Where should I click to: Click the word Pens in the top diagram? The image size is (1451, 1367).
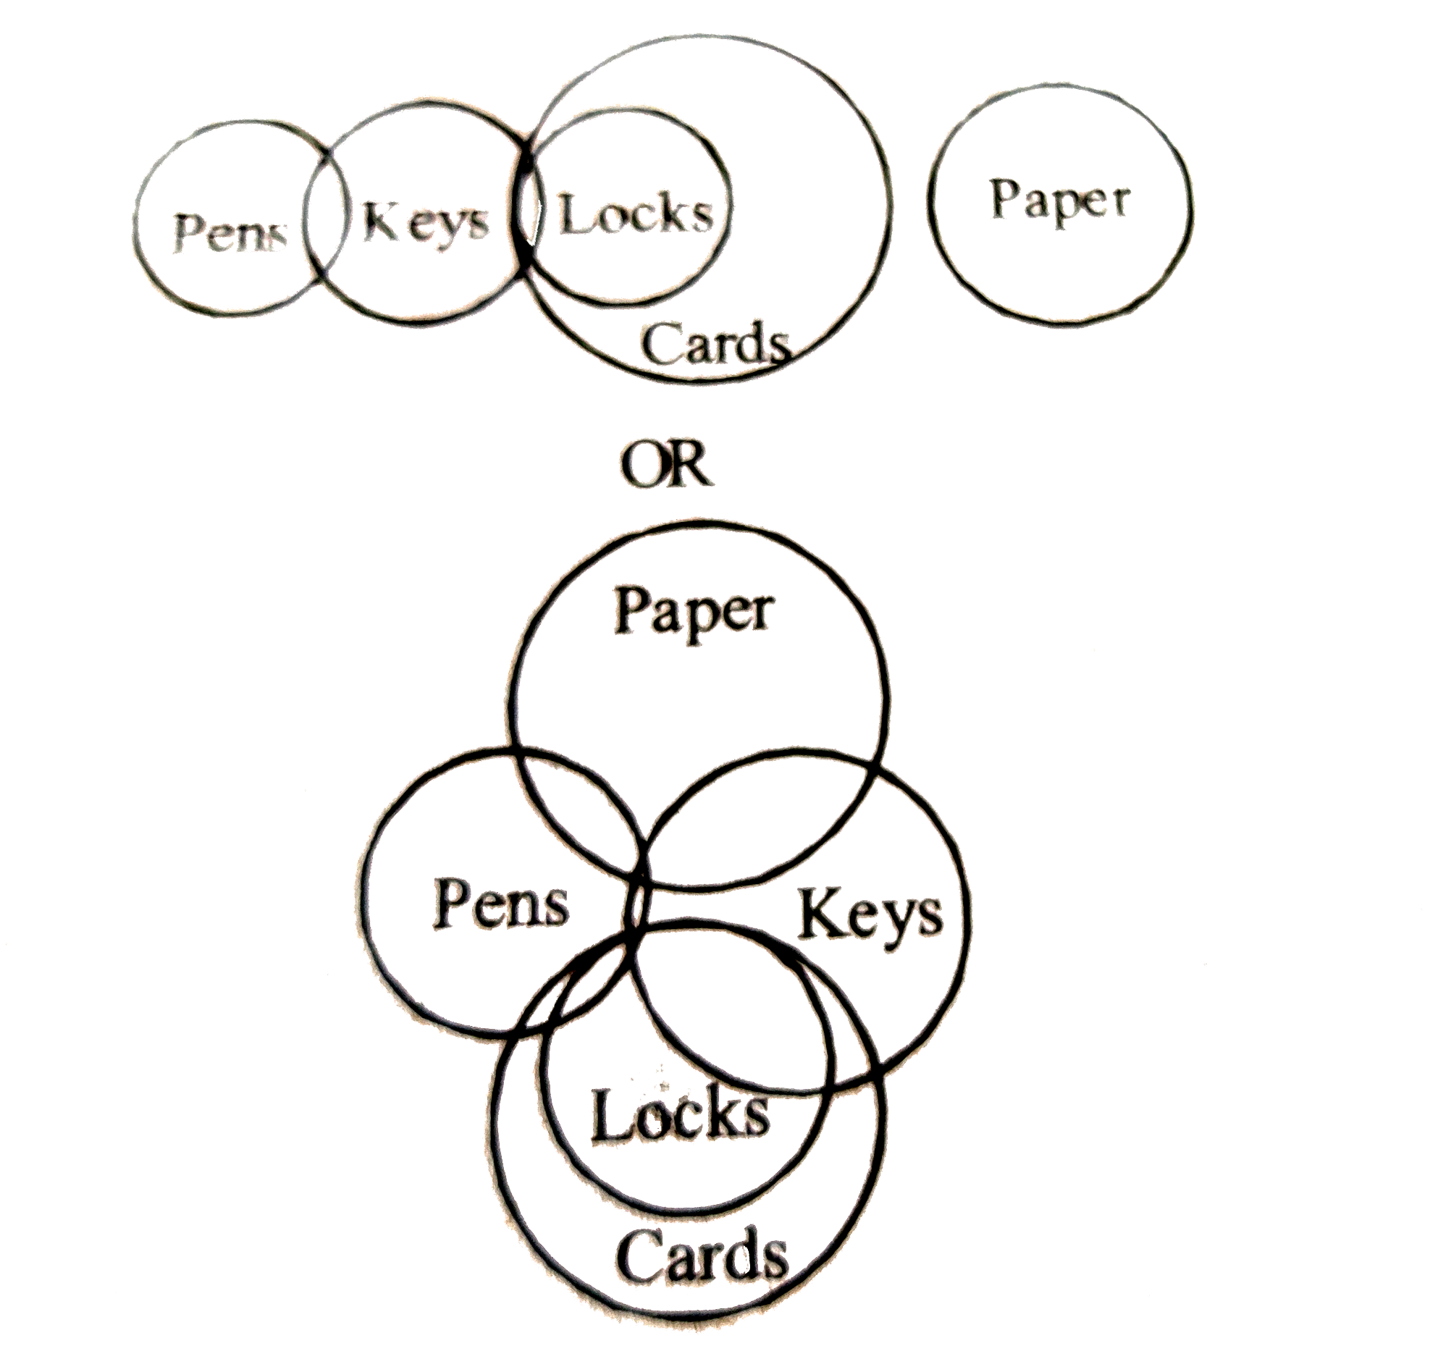coord(230,234)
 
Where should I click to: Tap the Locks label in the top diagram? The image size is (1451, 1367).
coord(635,215)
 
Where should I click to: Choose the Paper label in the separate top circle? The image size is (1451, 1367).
coord(1060,202)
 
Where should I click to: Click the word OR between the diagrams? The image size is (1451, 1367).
coord(665,465)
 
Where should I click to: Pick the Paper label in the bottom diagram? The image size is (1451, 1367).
coord(694,615)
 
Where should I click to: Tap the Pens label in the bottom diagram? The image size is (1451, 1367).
coord(501,904)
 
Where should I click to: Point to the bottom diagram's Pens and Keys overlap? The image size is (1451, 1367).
coord(636,905)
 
